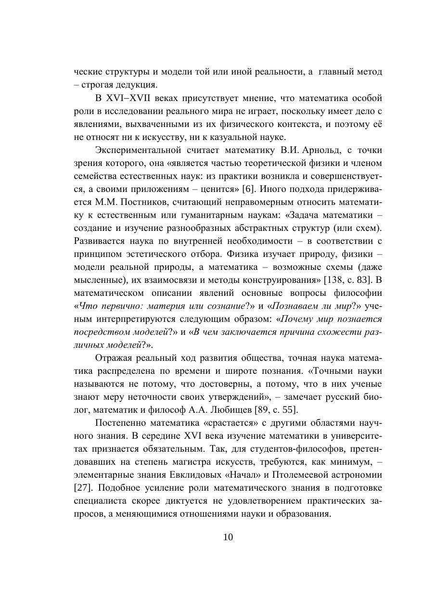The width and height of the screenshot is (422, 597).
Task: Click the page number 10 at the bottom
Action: (x=228, y=537)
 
